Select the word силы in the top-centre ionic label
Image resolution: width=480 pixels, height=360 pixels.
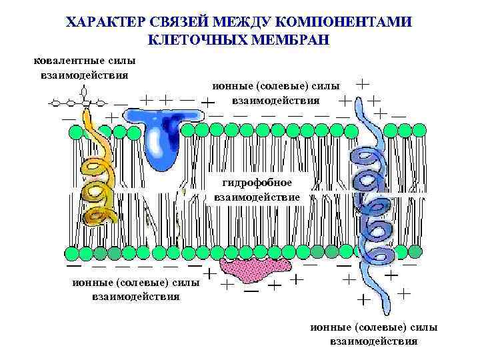327,86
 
